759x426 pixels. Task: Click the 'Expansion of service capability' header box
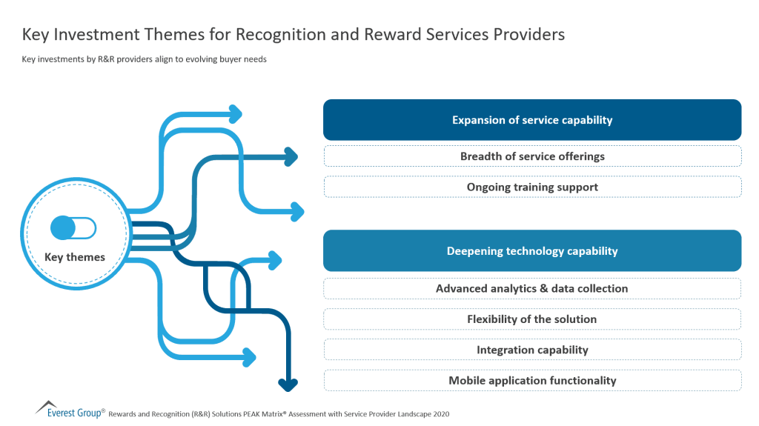click(x=532, y=120)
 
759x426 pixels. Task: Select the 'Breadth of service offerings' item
click(x=532, y=156)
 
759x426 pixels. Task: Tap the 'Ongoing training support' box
click(x=532, y=187)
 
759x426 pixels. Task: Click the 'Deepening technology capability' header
click(x=532, y=251)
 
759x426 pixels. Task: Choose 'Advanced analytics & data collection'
click(x=532, y=288)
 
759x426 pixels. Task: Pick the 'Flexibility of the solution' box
click(x=532, y=319)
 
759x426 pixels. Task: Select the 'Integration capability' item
click(x=532, y=350)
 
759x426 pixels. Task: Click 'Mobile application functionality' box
click(x=532, y=380)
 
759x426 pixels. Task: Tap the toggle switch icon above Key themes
click(x=73, y=227)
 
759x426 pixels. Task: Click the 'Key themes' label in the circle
click(x=75, y=257)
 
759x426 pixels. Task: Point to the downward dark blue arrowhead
click(x=288, y=384)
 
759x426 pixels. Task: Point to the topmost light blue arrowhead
click(x=236, y=113)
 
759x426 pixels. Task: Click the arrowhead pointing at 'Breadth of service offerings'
click(x=291, y=156)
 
